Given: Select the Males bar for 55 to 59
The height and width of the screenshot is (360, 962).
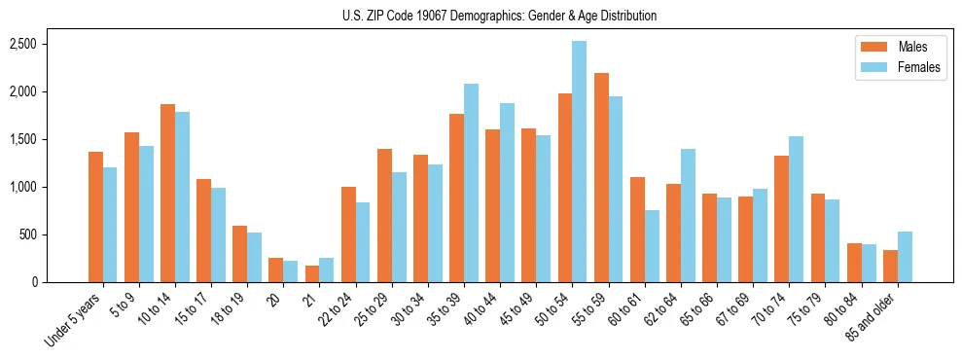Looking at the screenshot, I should (600, 178).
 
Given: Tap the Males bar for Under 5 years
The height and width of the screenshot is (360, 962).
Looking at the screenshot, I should (95, 217).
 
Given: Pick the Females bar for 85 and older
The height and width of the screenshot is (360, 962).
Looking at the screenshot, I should (905, 257).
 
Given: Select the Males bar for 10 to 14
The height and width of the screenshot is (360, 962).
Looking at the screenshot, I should (167, 193).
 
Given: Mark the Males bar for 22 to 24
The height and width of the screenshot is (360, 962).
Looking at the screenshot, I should (348, 234).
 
